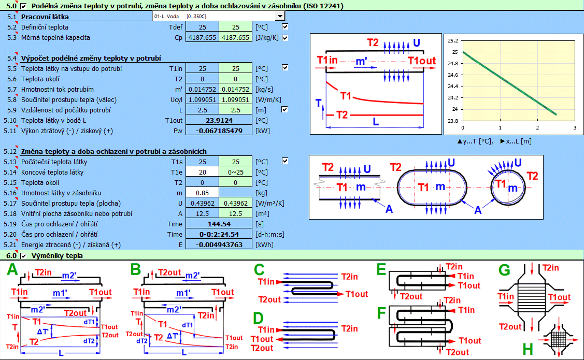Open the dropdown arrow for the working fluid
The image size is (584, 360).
[280, 17]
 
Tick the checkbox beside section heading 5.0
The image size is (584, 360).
[23, 6]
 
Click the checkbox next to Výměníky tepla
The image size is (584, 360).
[23, 255]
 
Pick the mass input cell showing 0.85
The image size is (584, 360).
[202, 193]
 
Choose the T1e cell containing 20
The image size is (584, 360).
[202, 172]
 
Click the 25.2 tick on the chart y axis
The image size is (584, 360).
[452, 40]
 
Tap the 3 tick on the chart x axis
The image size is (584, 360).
[575, 127]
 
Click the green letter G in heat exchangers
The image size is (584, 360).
[504, 270]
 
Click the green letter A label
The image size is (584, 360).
[11, 269]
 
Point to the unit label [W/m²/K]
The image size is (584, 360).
[269, 203]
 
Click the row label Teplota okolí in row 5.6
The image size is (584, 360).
[40, 79]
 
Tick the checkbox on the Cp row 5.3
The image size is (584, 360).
[285, 37]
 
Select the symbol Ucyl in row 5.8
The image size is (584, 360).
[176, 99]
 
